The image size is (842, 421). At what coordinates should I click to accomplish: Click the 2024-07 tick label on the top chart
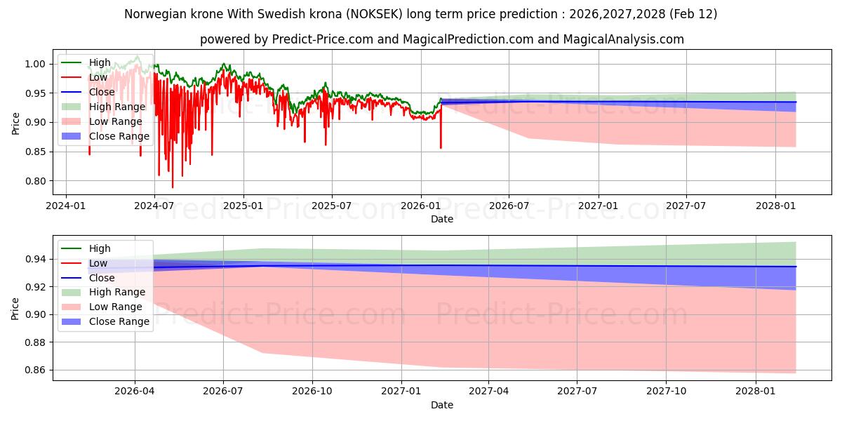[154, 206]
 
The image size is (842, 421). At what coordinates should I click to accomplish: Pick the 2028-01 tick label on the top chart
[775, 206]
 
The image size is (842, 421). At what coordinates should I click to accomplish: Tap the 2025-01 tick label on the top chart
[243, 206]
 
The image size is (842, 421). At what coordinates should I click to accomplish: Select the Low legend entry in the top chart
[98, 77]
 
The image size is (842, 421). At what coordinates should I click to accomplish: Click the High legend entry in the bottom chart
[100, 248]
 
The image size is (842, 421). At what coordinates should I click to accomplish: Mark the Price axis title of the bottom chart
[15, 308]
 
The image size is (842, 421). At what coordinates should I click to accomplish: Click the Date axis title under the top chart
[442, 219]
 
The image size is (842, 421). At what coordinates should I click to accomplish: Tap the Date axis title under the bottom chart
[442, 405]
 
